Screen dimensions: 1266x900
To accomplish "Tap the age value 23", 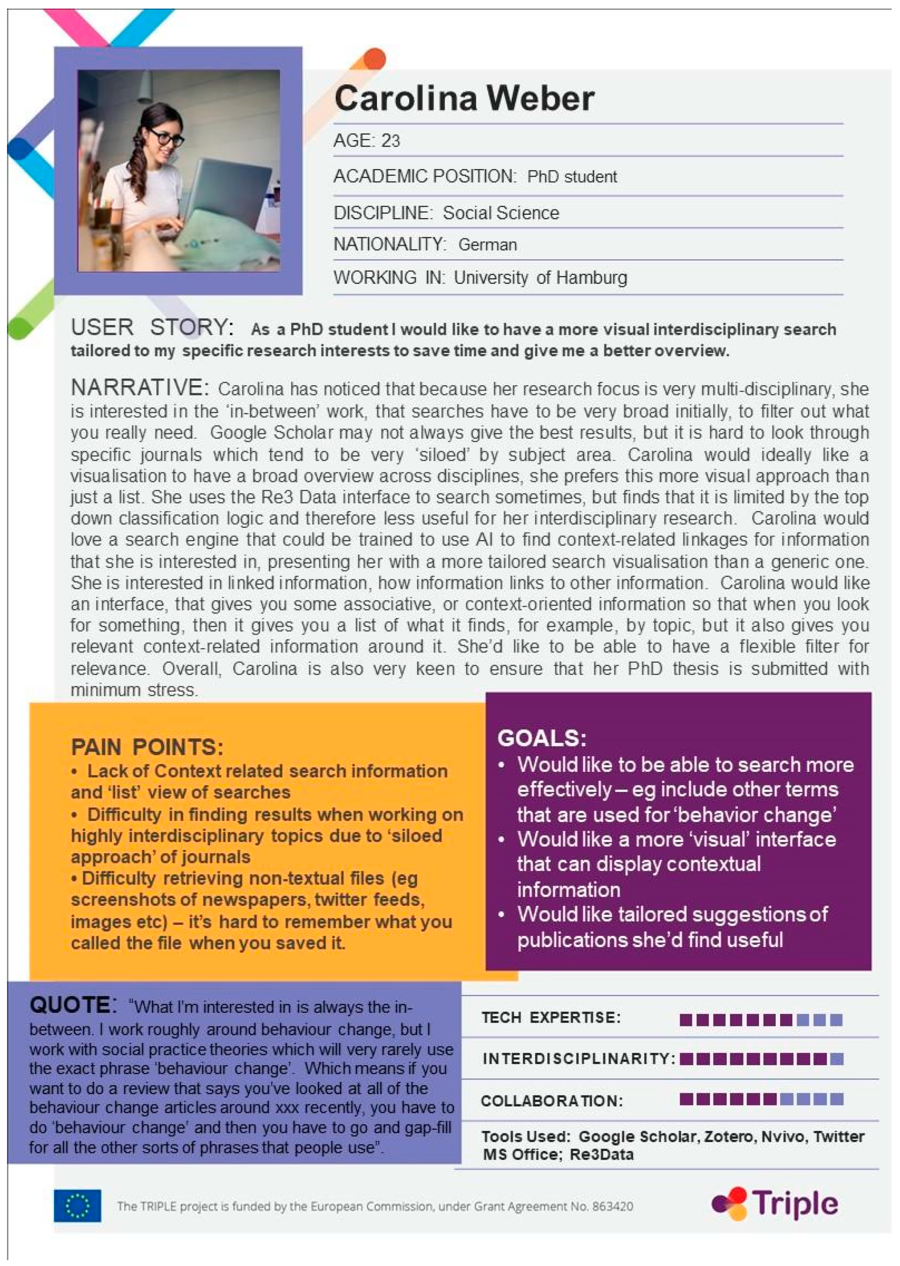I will point(390,141).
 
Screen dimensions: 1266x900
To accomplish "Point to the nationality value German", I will point(487,244).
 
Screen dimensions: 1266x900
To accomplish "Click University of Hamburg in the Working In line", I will point(540,277).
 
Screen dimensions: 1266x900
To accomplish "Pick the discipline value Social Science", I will point(501,213).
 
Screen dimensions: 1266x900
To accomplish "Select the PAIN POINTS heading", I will point(147,747).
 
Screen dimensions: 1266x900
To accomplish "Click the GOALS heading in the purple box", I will point(542,738).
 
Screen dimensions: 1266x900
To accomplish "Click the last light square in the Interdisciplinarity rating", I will point(837,1059).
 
